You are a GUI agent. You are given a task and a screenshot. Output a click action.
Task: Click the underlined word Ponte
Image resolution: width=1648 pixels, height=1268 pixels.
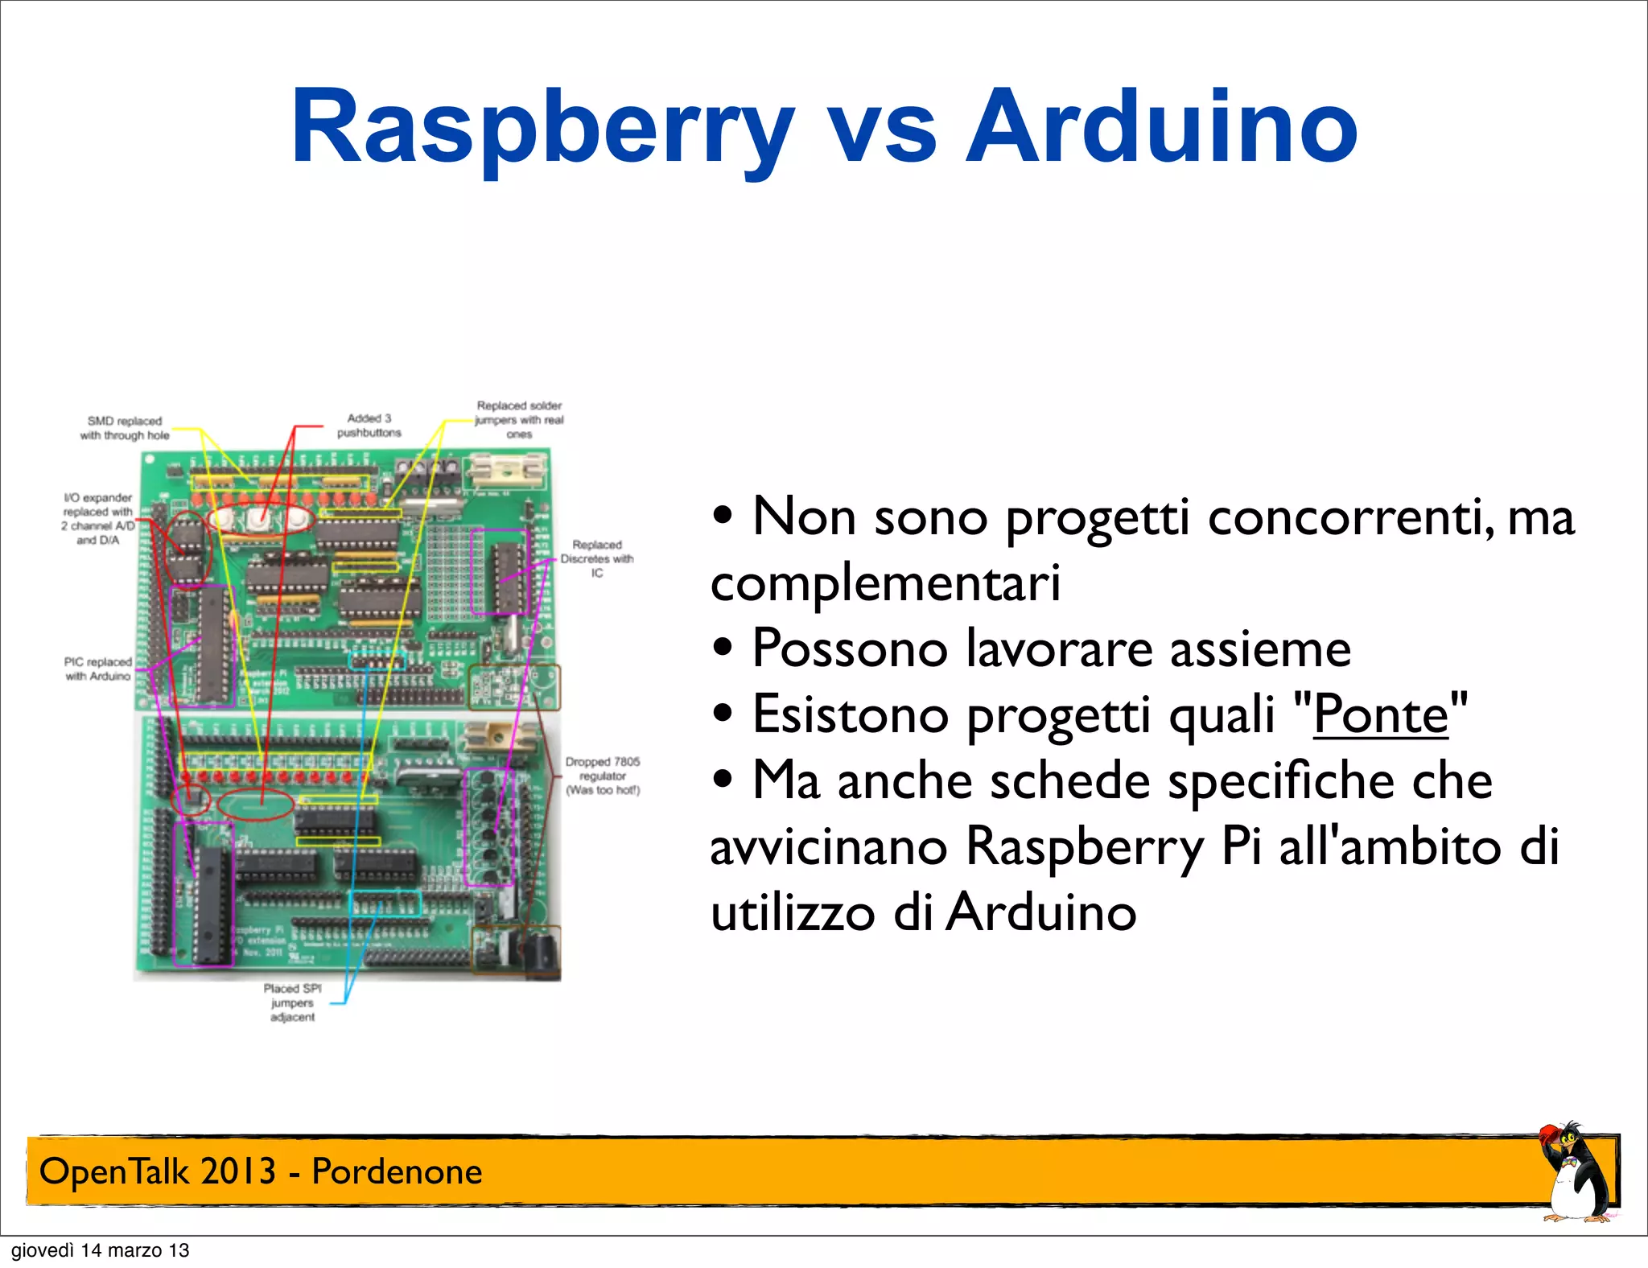click(1380, 714)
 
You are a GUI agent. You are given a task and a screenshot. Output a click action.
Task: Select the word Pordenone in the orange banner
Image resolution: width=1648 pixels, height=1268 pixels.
click(397, 1171)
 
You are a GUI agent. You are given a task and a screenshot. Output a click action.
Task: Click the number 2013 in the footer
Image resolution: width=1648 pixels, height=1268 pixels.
click(237, 1171)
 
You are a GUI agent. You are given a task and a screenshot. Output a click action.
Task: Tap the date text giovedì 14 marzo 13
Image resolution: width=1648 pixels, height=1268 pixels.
click(100, 1250)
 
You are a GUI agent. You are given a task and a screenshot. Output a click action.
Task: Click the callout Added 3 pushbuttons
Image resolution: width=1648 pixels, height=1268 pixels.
click(369, 426)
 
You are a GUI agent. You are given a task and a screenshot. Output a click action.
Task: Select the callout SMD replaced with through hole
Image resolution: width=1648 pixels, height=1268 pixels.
click(125, 428)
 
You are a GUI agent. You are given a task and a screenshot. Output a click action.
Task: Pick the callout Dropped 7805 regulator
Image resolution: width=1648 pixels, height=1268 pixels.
click(603, 776)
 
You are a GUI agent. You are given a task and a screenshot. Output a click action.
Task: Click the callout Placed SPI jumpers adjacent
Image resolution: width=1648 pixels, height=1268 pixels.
click(292, 1002)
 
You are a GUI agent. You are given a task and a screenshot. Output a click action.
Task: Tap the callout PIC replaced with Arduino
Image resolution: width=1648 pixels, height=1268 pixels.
click(98, 669)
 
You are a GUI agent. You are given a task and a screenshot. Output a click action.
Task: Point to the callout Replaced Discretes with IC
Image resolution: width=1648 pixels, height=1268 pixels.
click(597, 558)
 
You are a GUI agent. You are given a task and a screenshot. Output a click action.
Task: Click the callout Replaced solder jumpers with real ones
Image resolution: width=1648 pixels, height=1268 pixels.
click(519, 419)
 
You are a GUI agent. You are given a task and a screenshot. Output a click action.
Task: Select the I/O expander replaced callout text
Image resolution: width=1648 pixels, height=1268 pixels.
click(98, 519)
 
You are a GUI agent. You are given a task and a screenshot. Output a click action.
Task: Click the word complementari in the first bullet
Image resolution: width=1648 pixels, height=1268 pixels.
click(885, 583)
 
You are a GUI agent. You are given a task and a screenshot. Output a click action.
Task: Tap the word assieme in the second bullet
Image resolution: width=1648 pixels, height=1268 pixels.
click(1259, 648)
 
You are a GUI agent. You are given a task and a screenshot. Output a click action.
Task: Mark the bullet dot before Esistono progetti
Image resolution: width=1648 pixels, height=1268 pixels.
click(723, 713)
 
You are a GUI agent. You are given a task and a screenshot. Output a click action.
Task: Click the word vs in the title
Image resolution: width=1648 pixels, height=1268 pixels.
click(883, 129)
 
